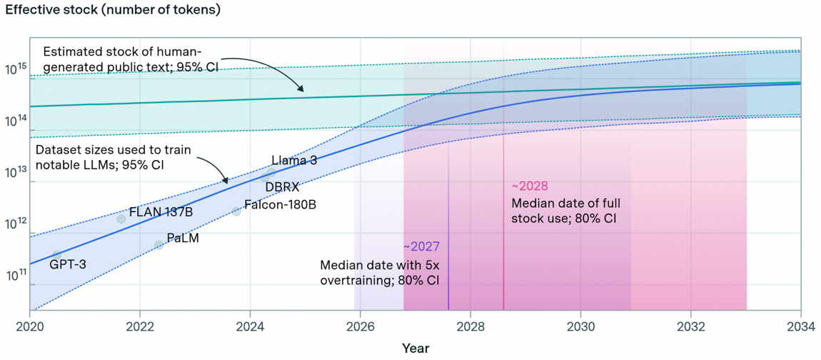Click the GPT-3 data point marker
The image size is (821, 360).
coord(57,255)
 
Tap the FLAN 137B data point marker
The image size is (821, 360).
coord(121,219)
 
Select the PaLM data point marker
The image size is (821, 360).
coord(158,245)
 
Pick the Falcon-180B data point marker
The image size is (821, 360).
coord(236,211)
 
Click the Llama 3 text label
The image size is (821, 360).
coord(293,161)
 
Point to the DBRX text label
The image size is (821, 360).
coord(281,187)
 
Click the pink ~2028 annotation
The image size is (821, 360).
coord(529,186)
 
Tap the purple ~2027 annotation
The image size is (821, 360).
coord(421,246)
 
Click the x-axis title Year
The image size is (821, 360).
coord(415,348)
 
